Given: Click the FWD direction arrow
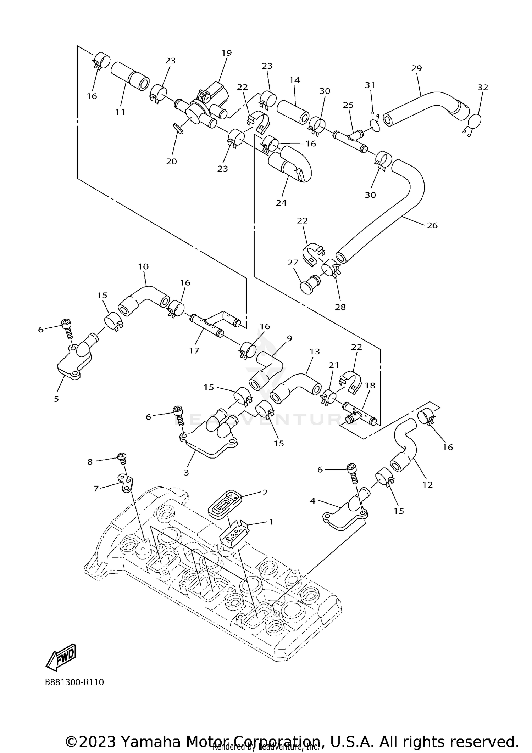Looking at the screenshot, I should coord(61,657).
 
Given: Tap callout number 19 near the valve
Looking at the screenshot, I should coord(226,53).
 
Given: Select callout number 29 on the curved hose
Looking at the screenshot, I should coord(416,68).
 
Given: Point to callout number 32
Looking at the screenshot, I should coord(483,87).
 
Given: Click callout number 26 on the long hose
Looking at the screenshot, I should coord(432,225).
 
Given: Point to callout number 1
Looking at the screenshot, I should coord(271,522).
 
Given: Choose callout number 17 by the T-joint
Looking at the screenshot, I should coord(194,350).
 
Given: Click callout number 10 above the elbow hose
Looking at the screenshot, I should coord(143,266).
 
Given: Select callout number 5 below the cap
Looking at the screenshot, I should coord(56,399).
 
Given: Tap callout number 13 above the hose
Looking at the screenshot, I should coord(315,352).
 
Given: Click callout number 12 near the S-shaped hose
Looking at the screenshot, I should coord(428,484).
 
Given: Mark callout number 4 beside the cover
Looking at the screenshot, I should coord(312,501).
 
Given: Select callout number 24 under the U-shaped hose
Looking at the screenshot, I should coord(281,203).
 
